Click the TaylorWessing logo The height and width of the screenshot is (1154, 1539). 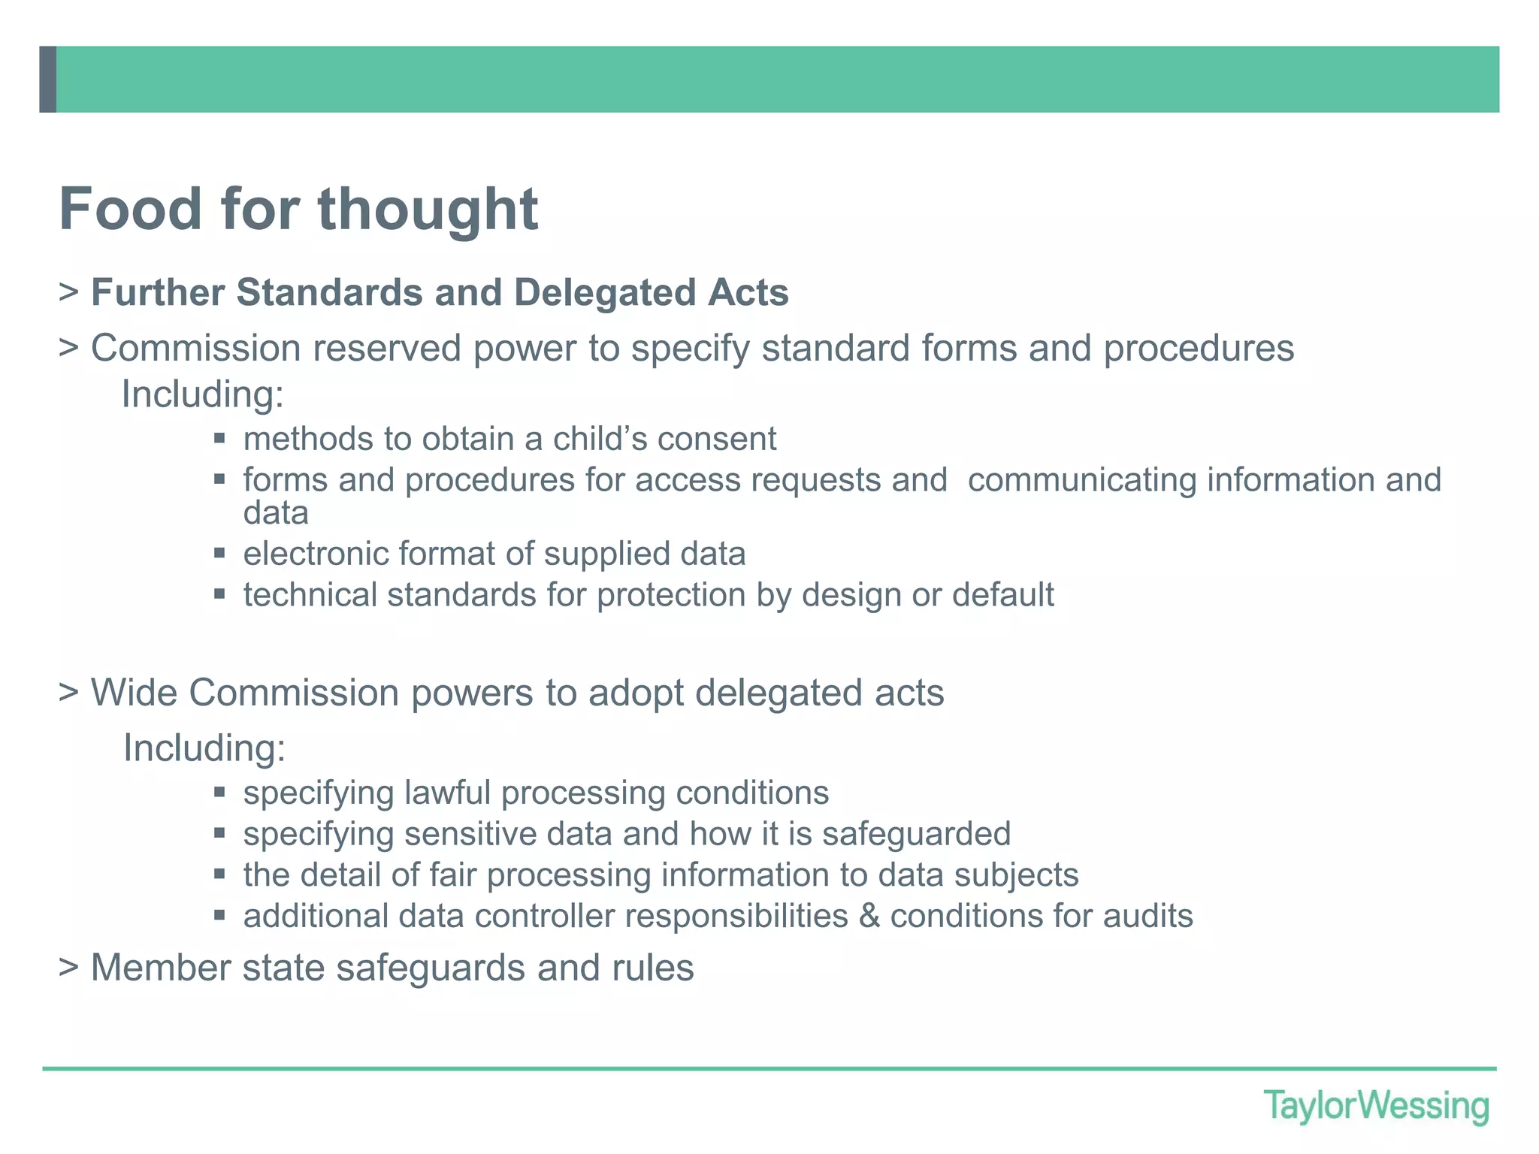coord(1376,1107)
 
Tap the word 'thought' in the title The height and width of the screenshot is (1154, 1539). coord(428,210)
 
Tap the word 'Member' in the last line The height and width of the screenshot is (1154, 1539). coord(160,968)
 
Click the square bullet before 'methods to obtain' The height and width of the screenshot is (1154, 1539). coord(219,438)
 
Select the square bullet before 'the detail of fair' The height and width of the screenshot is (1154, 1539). coord(219,875)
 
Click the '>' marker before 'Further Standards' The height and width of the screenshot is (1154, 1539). coord(69,292)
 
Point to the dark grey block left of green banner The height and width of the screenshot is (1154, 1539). coord(47,80)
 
